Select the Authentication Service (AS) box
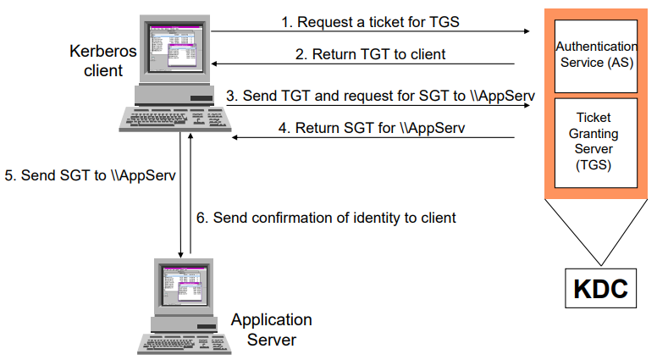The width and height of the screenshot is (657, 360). point(594,53)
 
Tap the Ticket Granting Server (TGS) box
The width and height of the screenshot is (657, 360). point(594,141)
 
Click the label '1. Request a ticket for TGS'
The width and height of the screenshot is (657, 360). point(370,22)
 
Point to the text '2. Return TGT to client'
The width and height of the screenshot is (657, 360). point(370,54)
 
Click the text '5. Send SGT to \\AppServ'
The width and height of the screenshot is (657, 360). point(90,176)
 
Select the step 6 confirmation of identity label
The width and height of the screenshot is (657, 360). point(326,218)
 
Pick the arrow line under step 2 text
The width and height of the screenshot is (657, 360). point(364,64)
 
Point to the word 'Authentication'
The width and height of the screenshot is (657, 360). point(594,46)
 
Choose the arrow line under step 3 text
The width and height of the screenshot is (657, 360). point(373,105)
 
